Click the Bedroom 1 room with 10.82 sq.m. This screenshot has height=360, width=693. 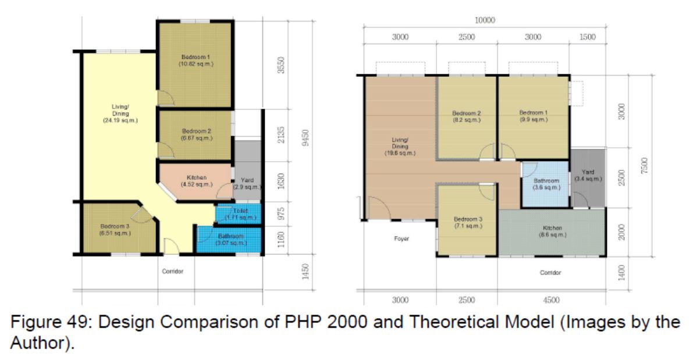[196, 60]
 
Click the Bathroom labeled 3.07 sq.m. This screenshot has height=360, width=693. [231, 240]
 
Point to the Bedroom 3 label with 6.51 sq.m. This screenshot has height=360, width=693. [115, 230]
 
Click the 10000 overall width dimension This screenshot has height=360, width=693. [484, 20]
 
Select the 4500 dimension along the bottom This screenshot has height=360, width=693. [550, 300]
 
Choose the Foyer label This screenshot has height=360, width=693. [400, 238]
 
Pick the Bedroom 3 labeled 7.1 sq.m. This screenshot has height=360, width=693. [466, 223]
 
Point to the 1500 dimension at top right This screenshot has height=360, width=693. [588, 37]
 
